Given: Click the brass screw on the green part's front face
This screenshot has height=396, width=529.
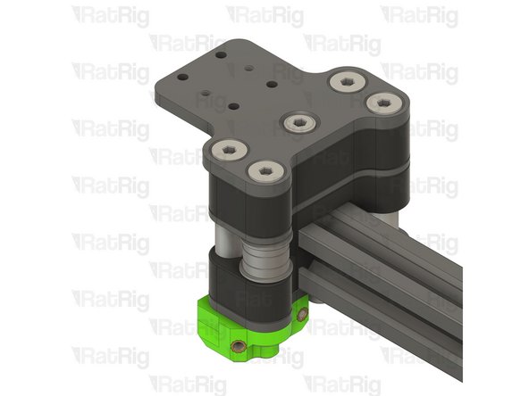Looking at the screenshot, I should (x=238, y=346).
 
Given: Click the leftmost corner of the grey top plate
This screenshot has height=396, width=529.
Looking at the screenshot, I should (x=156, y=89).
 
